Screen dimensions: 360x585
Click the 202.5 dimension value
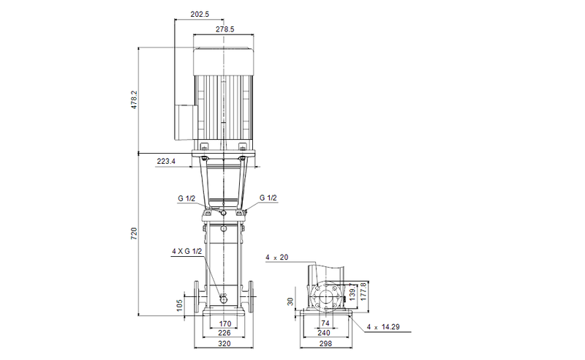click(198, 13)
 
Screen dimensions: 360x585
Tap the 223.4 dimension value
click(166, 162)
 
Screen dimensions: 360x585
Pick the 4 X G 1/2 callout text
click(186, 252)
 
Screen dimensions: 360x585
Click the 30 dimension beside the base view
click(290, 301)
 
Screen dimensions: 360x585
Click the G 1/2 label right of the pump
click(268, 198)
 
